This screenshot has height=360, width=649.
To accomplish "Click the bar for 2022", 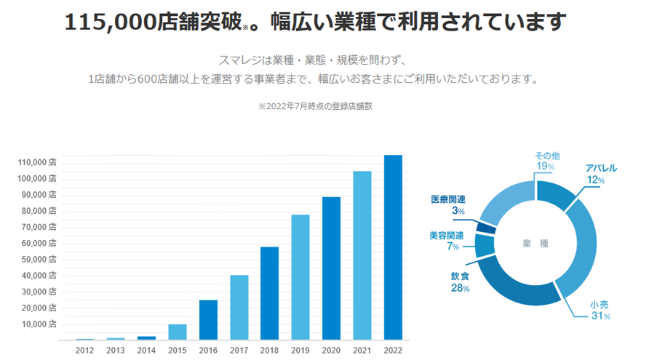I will tap(393, 247).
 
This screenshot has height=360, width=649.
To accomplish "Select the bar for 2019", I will tap(300, 277).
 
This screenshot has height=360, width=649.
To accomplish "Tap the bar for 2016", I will tap(208, 320).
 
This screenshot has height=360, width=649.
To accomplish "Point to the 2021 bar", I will tap(362, 255).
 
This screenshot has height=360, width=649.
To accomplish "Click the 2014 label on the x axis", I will tap(146, 350).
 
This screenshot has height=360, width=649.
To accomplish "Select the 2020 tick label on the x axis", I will tap(331, 350).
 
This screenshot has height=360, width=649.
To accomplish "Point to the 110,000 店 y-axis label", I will tap(36, 163).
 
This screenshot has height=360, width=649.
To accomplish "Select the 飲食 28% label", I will tap(460, 282).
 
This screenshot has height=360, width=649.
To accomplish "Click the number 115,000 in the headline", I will tap(110, 23).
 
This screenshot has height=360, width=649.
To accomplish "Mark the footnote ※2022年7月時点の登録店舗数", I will tap(315, 106).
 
